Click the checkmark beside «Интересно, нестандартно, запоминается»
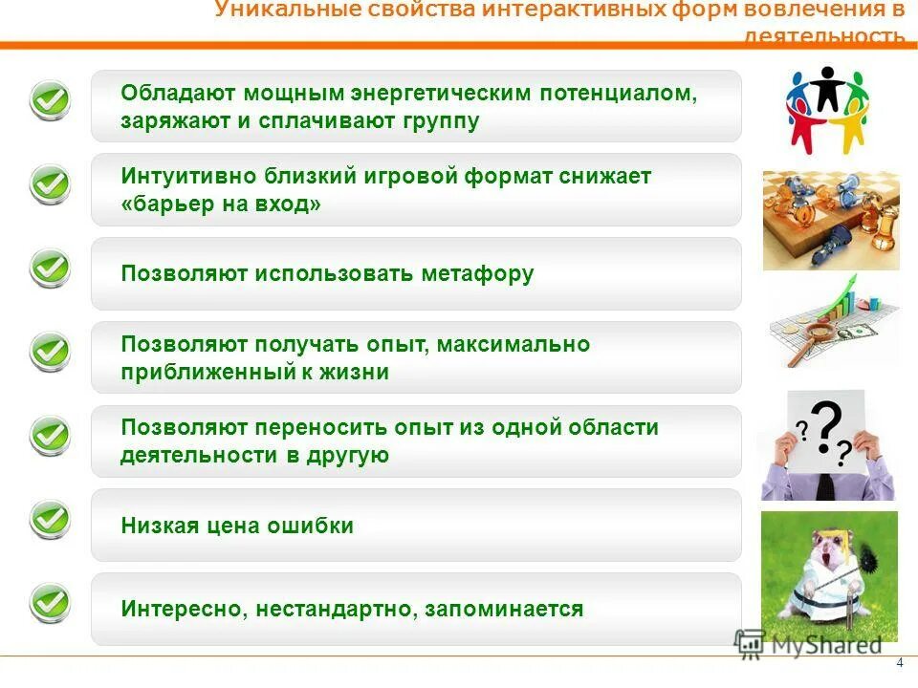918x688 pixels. point(50,604)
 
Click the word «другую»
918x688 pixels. point(348,455)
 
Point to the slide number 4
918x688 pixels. point(899,664)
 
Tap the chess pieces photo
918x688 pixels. point(830,221)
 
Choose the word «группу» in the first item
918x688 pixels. point(439,121)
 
